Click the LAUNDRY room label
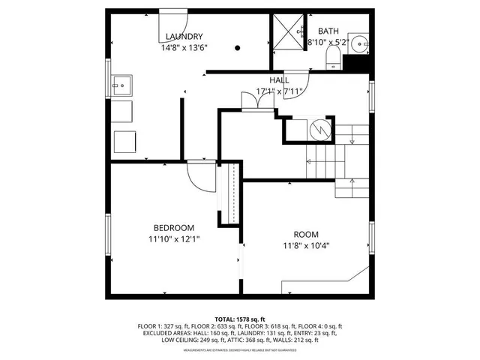tap(184, 36)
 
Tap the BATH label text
tap(328, 31)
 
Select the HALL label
tap(280, 79)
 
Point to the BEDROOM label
tap(174, 228)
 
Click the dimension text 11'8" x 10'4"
tap(305, 245)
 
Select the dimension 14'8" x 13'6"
tap(184, 47)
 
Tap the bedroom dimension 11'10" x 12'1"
tap(174, 239)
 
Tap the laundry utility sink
tap(121, 85)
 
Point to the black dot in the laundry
tap(238, 48)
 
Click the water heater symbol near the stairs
tap(320, 130)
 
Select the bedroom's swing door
tap(198, 176)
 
